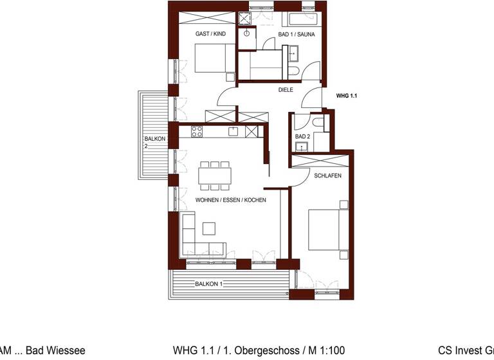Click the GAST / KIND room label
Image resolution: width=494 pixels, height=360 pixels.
(x=210, y=34)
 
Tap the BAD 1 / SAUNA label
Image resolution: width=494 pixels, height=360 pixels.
(x=297, y=34)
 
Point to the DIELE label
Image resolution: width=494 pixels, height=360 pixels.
(x=286, y=90)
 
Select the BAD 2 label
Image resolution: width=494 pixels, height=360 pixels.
(x=302, y=137)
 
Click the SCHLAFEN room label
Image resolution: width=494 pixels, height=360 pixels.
(x=327, y=175)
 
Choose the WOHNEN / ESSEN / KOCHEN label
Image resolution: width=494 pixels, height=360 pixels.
(x=230, y=200)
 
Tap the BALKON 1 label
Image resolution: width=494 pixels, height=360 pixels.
(x=209, y=283)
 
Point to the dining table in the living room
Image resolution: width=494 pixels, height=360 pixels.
(x=214, y=174)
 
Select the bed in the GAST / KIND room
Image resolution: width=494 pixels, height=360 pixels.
(x=209, y=59)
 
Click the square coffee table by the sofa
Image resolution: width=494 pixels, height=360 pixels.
(x=209, y=228)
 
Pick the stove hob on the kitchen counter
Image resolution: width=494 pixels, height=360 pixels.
(x=197, y=132)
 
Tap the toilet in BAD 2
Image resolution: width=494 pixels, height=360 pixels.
(x=318, y=122)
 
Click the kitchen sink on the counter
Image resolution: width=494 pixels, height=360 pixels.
(x=233, y=132)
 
